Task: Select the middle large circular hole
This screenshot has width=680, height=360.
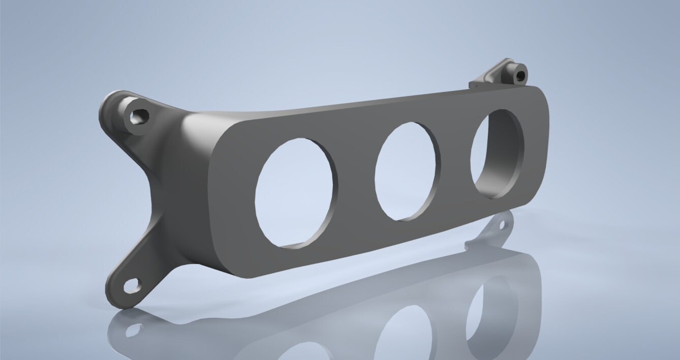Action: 407,171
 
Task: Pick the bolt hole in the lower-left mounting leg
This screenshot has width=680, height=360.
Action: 132,286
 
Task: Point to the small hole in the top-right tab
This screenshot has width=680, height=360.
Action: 520,77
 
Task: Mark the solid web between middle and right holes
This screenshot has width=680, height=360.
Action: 455,163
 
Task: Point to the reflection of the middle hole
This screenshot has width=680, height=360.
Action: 407,331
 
